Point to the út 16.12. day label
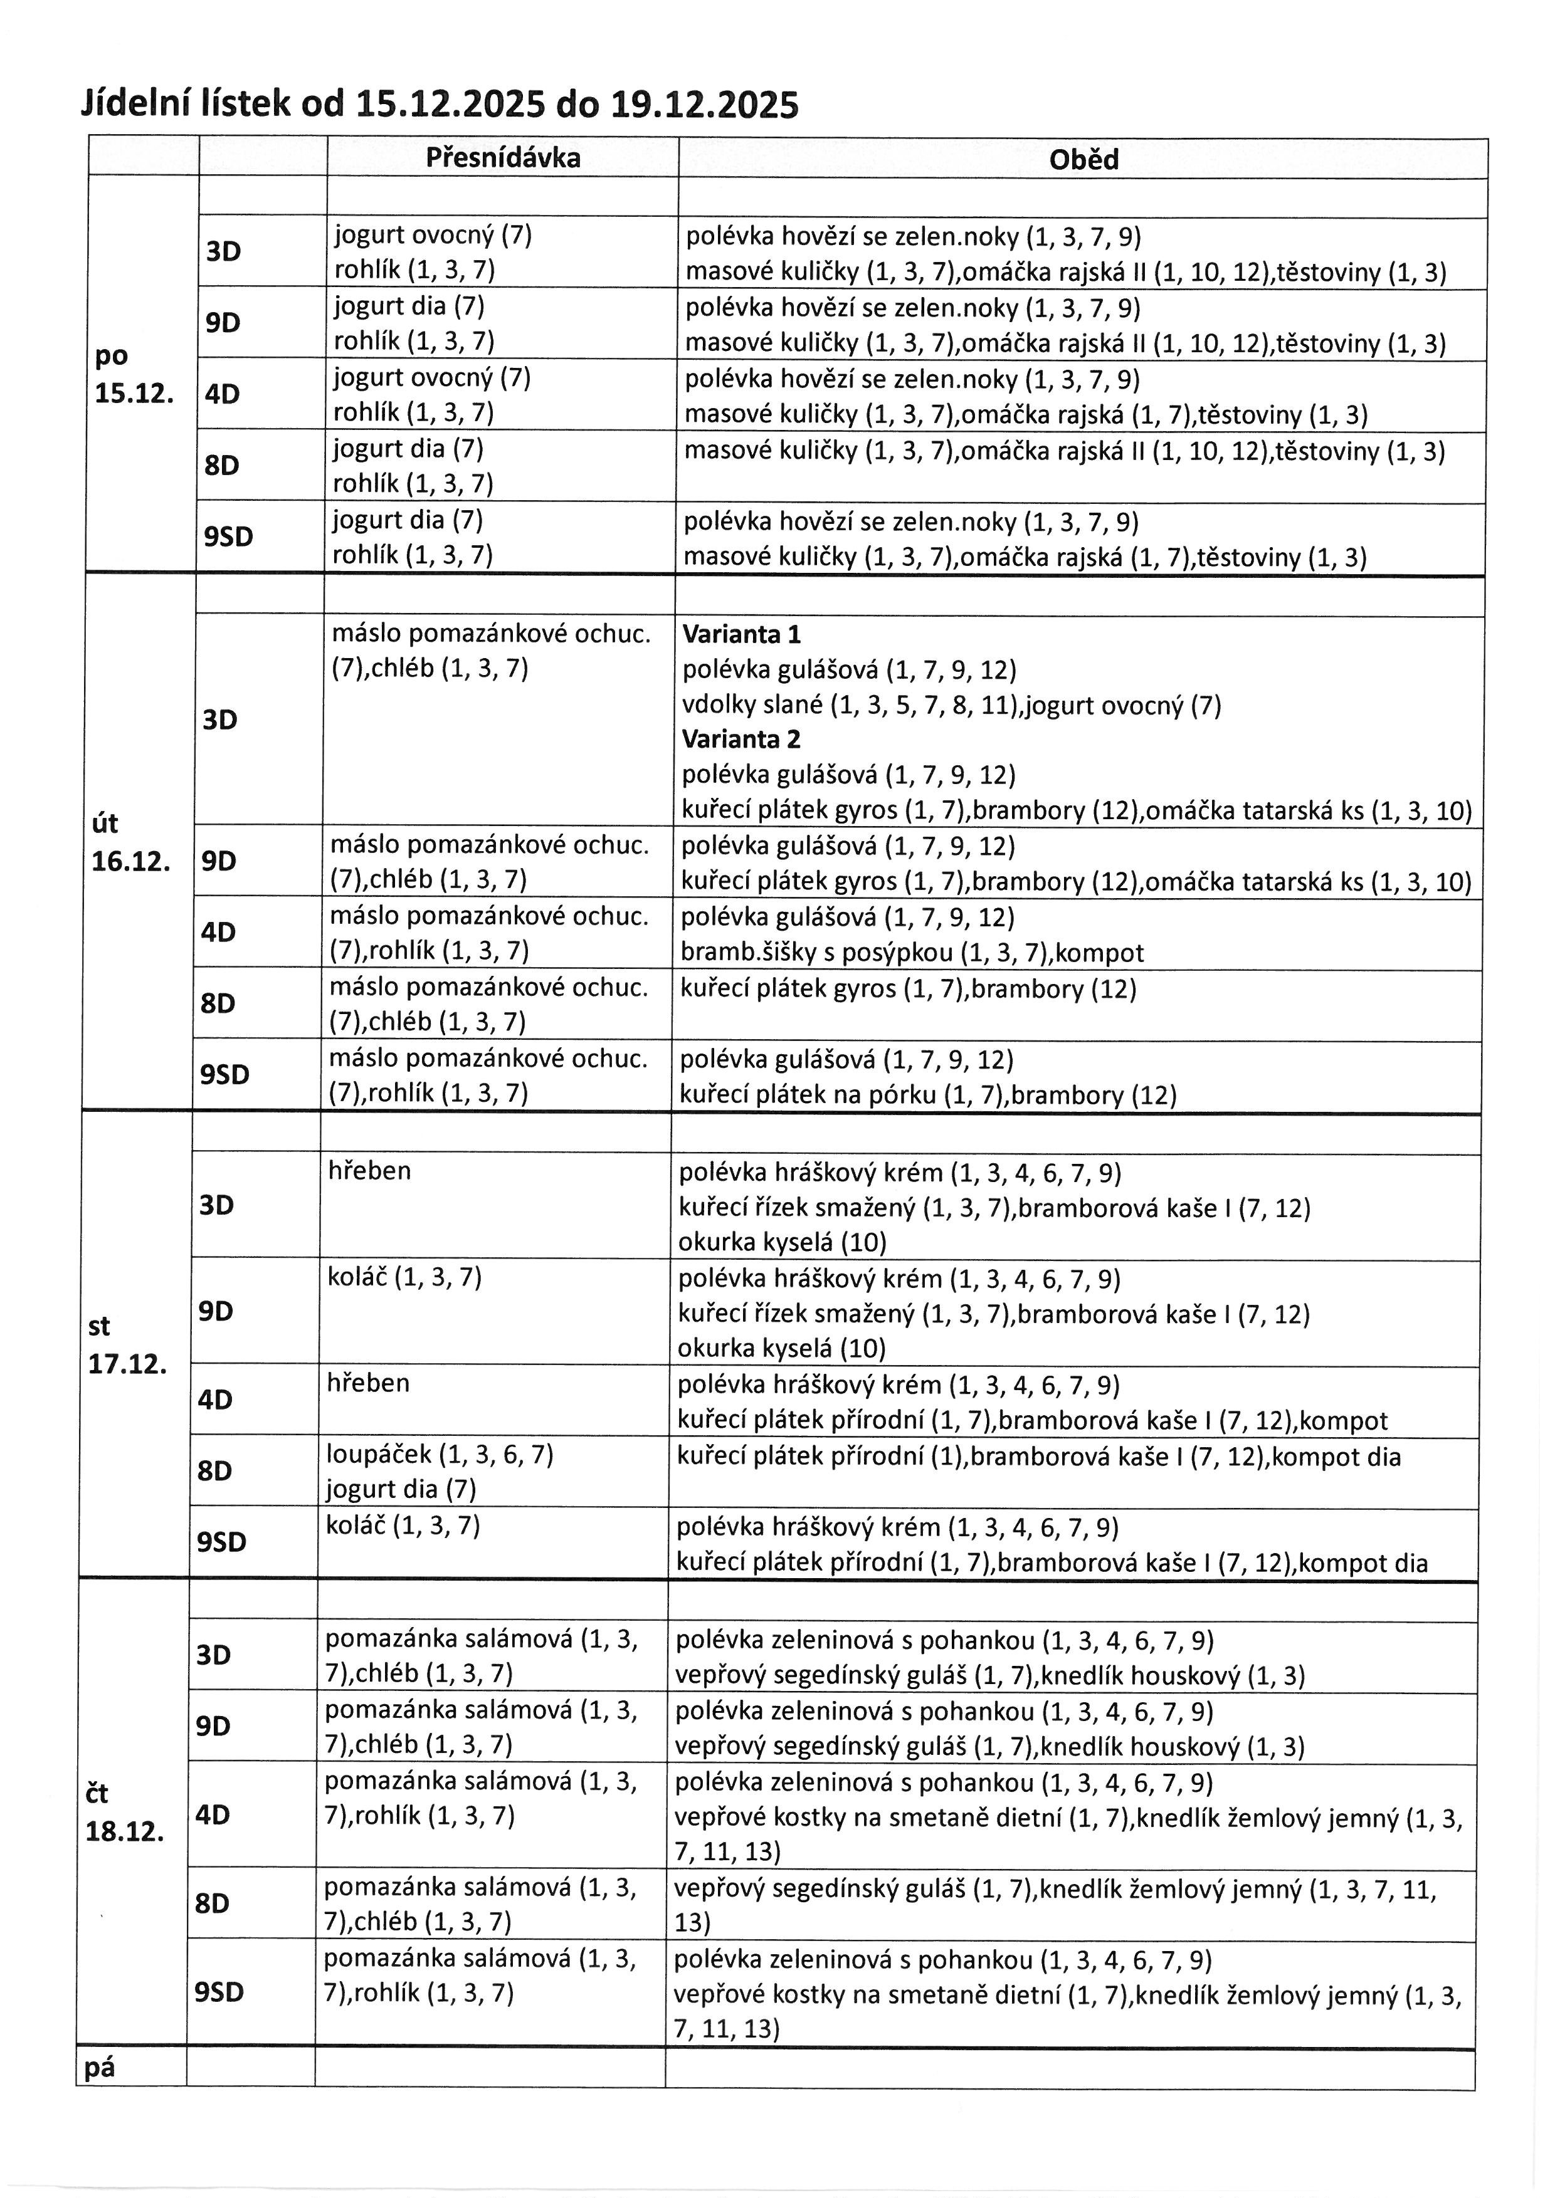130,842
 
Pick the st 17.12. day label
127,1345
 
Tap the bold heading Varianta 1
741,634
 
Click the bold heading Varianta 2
741,739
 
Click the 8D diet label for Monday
221,465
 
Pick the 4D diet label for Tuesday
218,931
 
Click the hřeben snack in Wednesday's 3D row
369,1171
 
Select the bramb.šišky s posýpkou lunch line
912,953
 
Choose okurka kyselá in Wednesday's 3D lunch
781,1243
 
